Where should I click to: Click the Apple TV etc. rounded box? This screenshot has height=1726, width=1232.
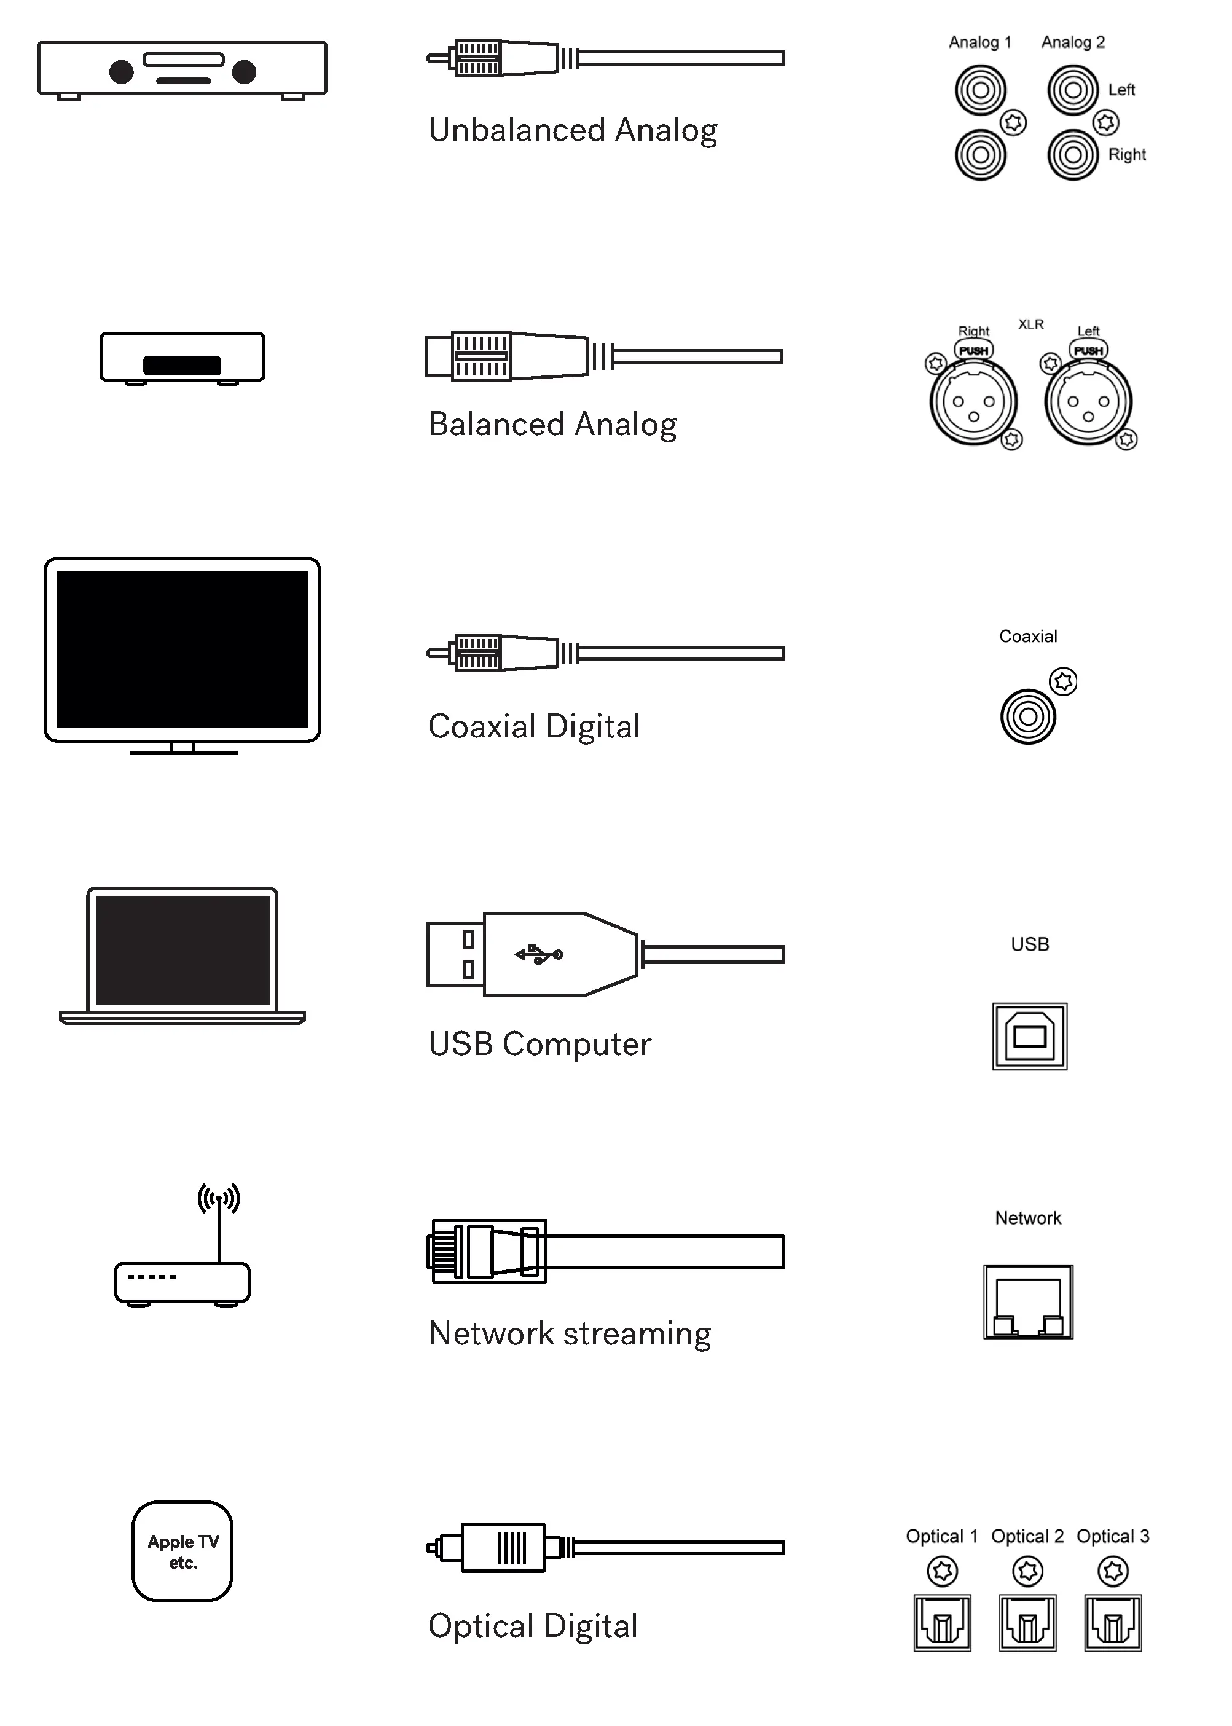pos(182,1551)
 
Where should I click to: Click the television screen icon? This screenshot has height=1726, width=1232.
pos(182,650)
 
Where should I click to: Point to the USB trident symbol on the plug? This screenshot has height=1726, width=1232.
pos(539,954)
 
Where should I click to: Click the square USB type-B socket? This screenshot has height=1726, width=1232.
pos(1029,1035)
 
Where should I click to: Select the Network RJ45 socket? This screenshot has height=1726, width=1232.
pos(1028,1302)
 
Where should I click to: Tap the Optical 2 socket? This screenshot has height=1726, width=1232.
pos(1028,1623)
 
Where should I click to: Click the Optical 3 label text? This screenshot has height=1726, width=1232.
pos(1113,1536)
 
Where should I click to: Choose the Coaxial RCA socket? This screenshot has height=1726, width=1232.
pos(1028,716)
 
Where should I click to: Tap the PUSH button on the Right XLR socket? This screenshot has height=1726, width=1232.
pos(973,350)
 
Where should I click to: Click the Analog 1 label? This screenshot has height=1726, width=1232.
pos(979,42)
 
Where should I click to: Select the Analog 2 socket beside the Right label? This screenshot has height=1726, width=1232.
pos(1073,155)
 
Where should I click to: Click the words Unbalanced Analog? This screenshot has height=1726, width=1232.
pos(573,130)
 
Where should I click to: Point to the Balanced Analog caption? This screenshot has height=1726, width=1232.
pos(552,424)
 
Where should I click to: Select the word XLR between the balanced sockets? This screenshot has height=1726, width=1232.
pos(1030,324)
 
